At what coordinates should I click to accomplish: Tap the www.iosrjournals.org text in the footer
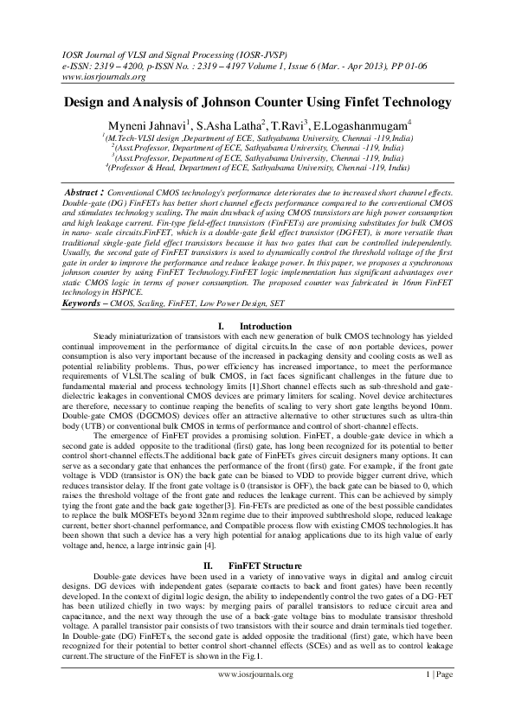click(x=257, y=698)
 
